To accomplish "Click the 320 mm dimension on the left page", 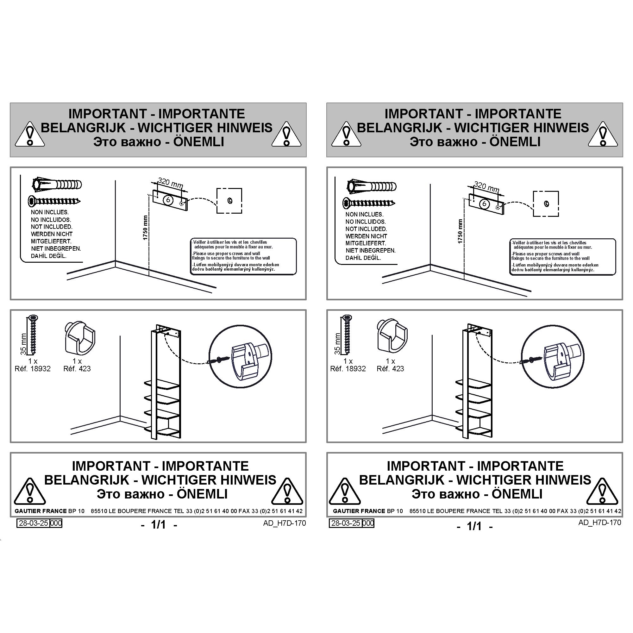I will pyautogui.click(x=170, y=183).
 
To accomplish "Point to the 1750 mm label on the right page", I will pyautogui.click(x=460, y=231).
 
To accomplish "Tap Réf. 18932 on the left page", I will pyautogui.click(x=33, y=369).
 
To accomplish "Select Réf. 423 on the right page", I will pyautogui.click(x=390, y=369).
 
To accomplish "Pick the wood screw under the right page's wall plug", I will pyautogui.click(x=369, y=203).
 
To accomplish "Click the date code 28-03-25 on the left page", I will pyautogui.click(x=34, y=523).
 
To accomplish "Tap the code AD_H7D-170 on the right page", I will pyautogui.click(x=599, y=522).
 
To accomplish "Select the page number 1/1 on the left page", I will pyautogui.click(x=159, y=524).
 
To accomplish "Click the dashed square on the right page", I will pyautogui.click(x=546, y=204).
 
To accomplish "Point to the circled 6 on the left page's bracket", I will pyautogui.click(x=168, y=199).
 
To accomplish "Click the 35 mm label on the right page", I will pyautogui.click(x=337, y=344).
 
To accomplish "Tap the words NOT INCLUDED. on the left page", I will pyautogui.click(x=52, y=227).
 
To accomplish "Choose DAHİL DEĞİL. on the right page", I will pyautogui.click(x=363, y=258).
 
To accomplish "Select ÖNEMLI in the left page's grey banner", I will pyautogui.click(x=198, y=141).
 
